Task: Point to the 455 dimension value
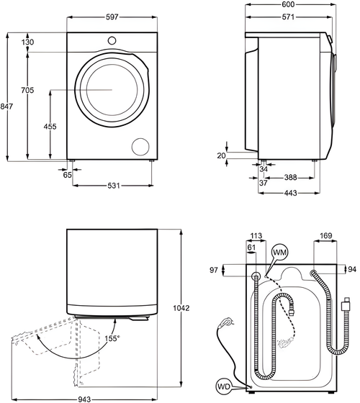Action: click(x=50, y=127)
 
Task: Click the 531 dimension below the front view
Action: click(x=112, y=186)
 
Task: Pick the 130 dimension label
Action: click(x=28, y=42)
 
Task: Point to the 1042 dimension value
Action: click(x=181, y=309)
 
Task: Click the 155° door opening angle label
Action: click(x=113, y=338)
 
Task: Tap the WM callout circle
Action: click(x=280, y=253)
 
